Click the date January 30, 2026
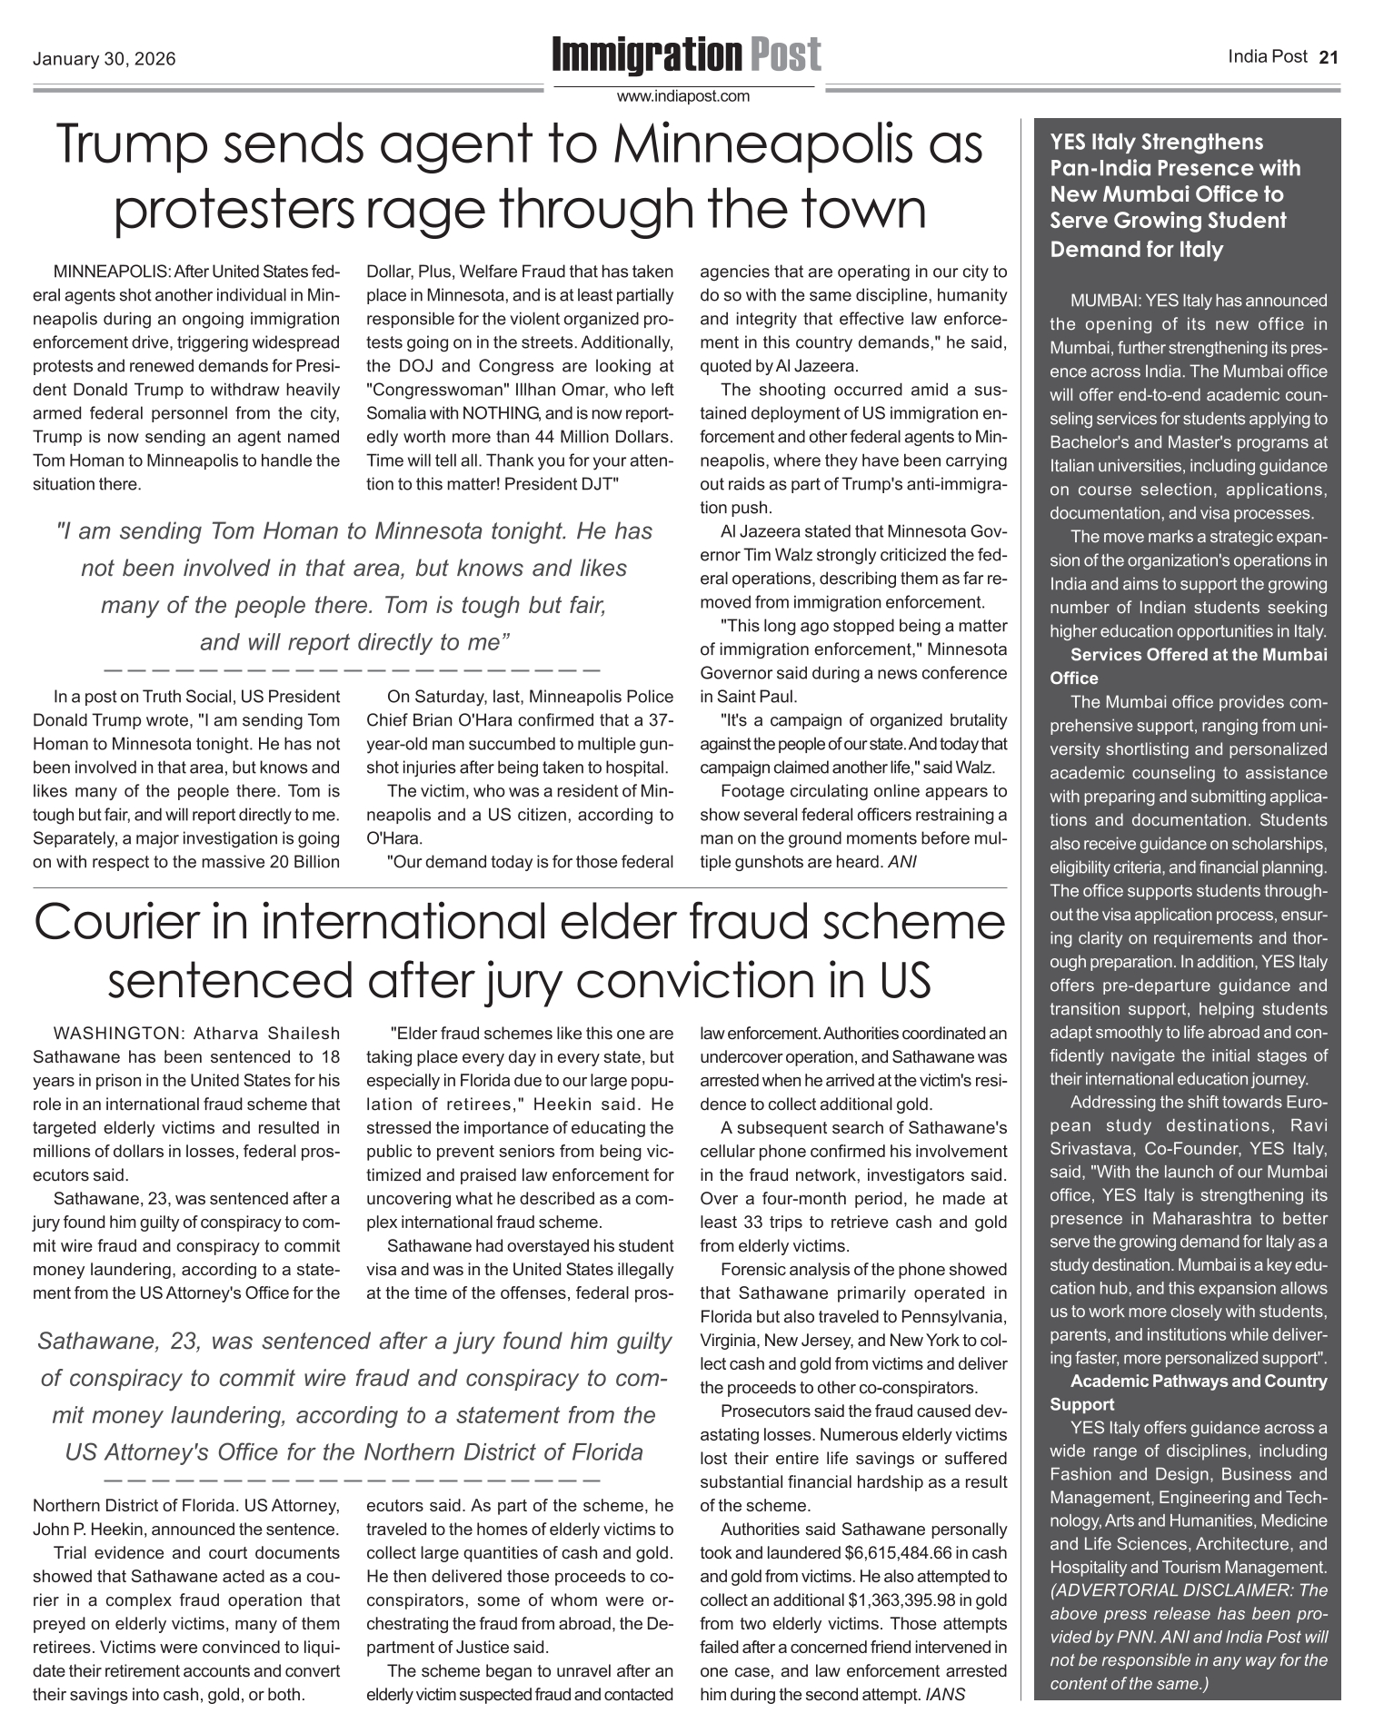pyautogui.click(x=104, y=61)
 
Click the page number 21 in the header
pyautogui.click(x=1329, y=57)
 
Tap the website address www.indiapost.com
pyautogui.click(x=683, y=96)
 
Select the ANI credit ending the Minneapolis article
pyautogui.click(x=901, y=861)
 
